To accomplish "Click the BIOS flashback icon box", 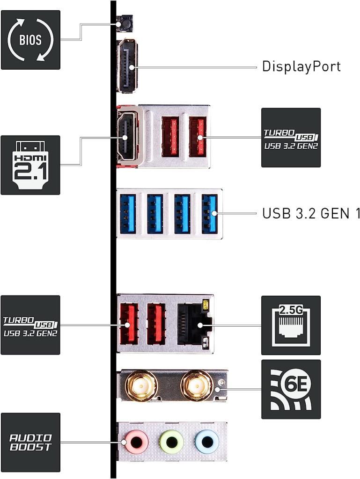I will pos(30,40).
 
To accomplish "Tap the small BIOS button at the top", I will pos(125,23).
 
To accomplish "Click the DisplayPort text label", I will pos(301,66).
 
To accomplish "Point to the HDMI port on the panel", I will pos(126,137).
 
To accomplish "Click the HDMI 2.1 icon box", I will pos(30,165).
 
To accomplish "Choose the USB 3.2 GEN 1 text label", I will pos(311,214).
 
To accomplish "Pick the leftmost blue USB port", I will pos(127,214).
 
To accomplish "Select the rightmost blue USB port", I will pos(210,214).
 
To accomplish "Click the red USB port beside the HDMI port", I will pos(169,137).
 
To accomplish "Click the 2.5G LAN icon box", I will pos(291,325).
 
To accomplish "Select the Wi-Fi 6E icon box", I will pos(291,389).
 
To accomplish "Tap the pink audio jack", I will pos(136,441).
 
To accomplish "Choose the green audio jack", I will pos(171,441).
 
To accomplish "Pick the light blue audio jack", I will pos(207,441).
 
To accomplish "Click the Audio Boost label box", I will pos(30,442).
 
